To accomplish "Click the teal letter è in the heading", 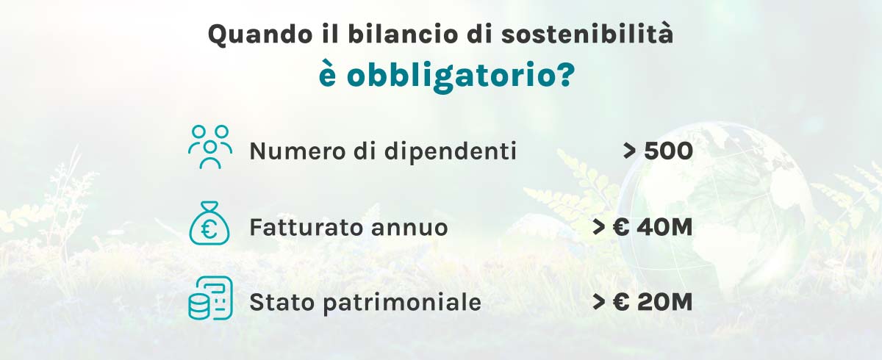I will (329, 75).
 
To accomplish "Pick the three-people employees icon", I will (210, 147).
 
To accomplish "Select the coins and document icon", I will (210, 298).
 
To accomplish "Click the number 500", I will (667, 151).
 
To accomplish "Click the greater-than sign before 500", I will (630, 152).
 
